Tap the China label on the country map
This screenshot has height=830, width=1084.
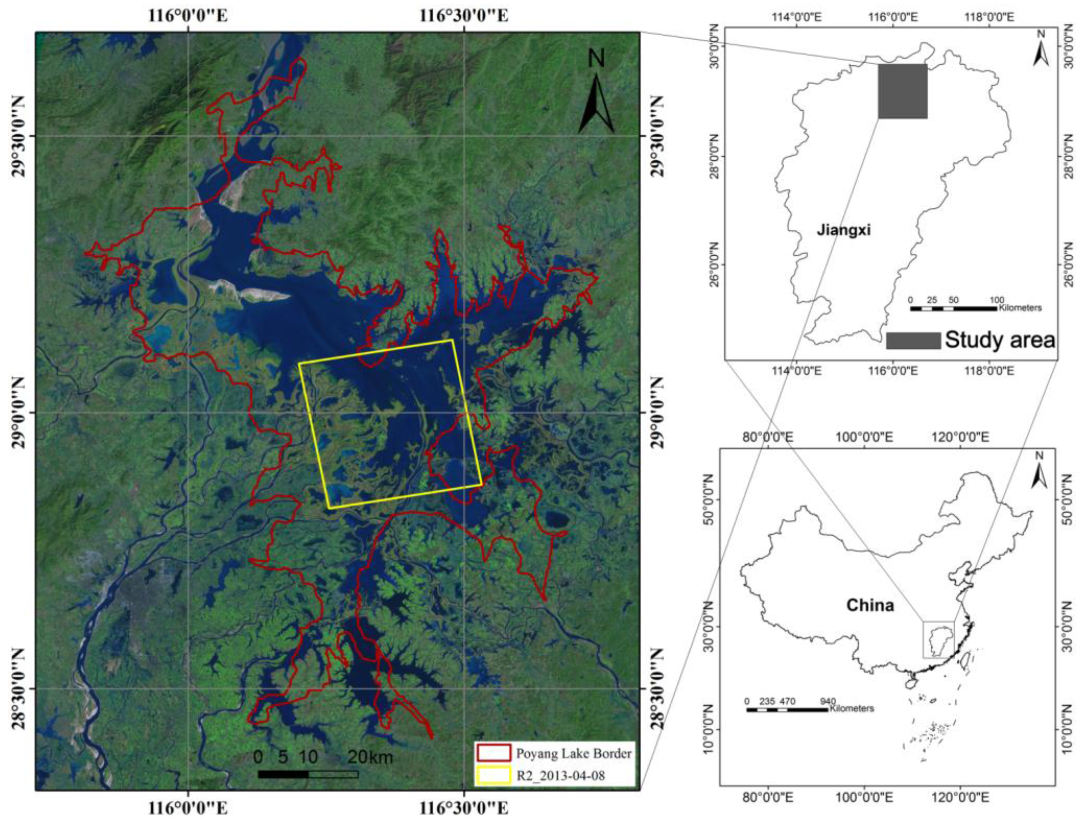(x=870, y=605)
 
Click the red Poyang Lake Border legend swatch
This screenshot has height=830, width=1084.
(x=493, y=753)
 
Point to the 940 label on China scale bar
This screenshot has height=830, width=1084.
(x=828, y=701)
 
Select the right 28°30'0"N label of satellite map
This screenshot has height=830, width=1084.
(x=657, y=688)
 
